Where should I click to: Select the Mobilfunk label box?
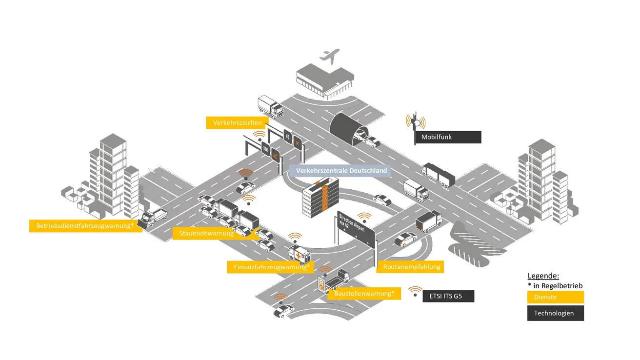[447, 137]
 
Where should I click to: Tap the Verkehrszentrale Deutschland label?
[341, 171]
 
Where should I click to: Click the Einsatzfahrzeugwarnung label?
[268, 267]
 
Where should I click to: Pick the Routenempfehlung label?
[411, 266]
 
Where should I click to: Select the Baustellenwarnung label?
[364, 293]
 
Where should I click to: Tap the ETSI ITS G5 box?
[448, 296]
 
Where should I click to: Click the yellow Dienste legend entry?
[555, 297]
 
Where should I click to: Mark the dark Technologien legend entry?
[555, 313]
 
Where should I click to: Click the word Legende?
[543, 276]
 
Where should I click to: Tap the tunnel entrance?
[347, 127]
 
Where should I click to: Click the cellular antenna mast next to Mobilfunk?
[415, 122]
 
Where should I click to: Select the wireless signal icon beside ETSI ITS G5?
[415, 292]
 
